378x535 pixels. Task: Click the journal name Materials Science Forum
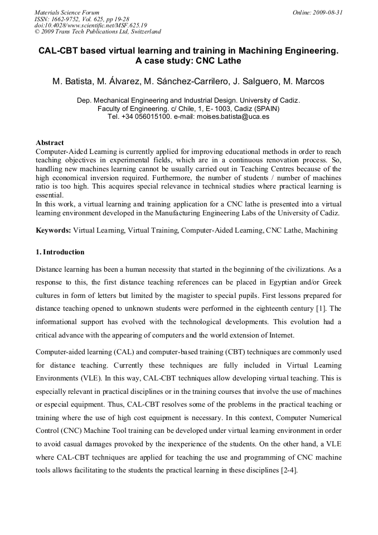click(67, 12)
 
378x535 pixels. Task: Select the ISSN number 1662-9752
click(65, 18)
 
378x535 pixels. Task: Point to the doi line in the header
click(90, 25)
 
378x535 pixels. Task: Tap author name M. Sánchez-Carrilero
click(180, 82)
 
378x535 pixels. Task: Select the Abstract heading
click(50, 143)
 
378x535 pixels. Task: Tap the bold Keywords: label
click(54, 230)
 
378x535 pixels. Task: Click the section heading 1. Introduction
click(60, 252)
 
